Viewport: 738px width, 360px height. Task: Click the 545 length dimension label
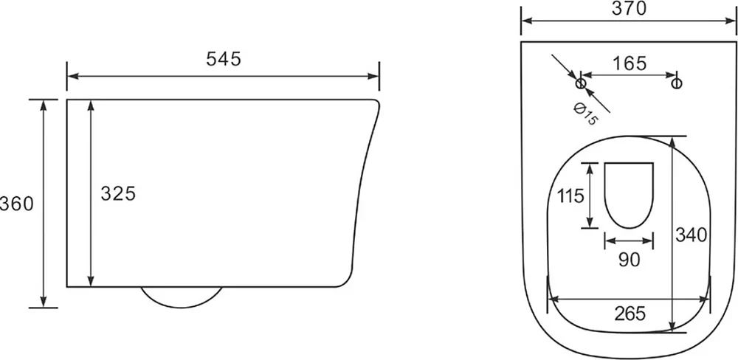(224, 59)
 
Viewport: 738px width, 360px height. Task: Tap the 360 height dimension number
(17, 204)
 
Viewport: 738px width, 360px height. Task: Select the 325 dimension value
(118, 193)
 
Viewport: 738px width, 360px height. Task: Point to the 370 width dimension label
(630, 8)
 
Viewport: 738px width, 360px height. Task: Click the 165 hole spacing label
(630, 63)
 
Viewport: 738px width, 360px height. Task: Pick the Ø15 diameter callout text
(585, 114)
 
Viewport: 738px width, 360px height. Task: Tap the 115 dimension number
(570, 195)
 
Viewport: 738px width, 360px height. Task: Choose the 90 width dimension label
(629, 259)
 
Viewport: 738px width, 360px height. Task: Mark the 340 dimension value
(692, 235)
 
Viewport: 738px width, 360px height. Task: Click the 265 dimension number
(630, 313)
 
